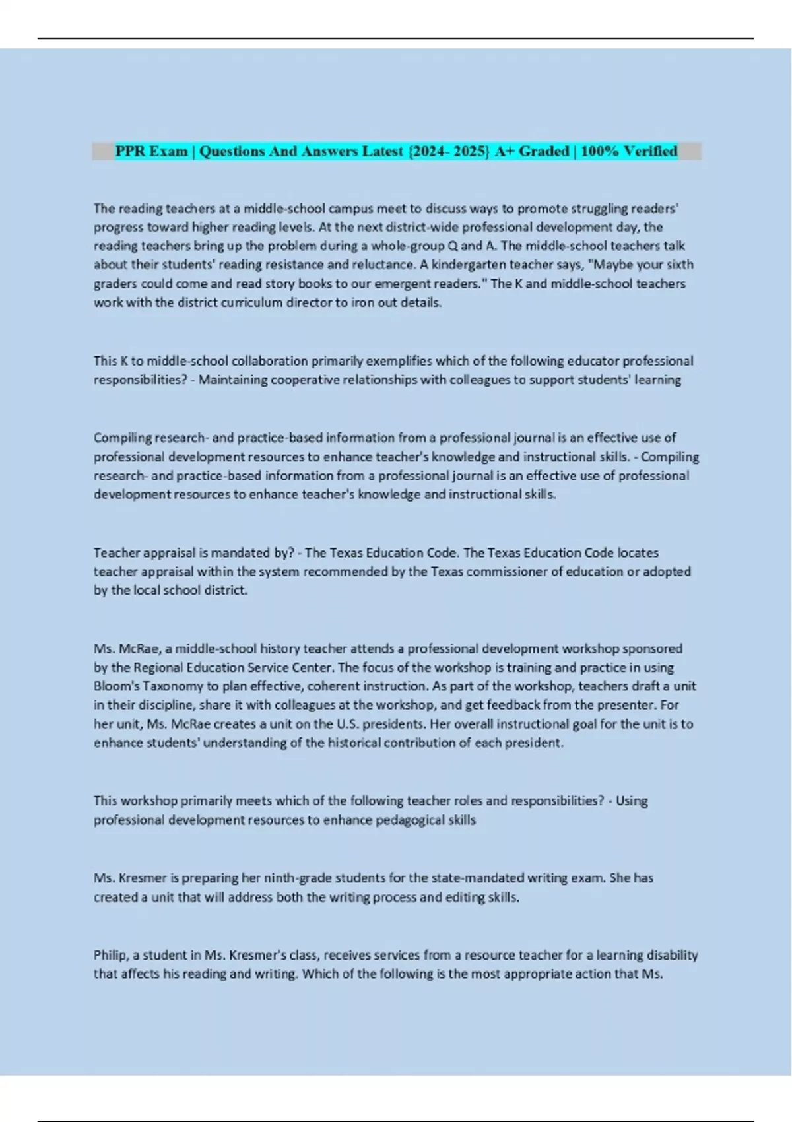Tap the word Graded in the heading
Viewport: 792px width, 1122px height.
[x=544, y=151]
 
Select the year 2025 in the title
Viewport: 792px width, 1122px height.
[x=471, y=151]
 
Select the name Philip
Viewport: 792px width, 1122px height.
[x=110, y=955]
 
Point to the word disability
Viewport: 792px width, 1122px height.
[x=673, y=955]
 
